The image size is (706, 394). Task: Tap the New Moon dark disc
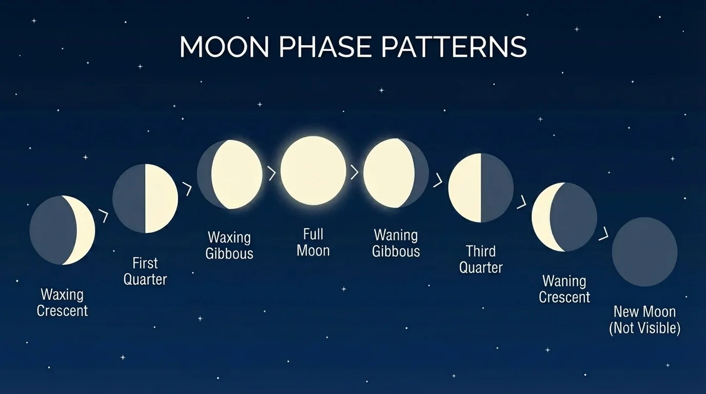644,251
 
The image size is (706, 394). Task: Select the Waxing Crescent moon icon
62,230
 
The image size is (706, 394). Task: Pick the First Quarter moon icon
145,199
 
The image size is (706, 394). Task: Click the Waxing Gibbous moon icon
230,174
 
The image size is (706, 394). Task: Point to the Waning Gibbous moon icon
396,173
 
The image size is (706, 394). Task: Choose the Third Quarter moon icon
481,188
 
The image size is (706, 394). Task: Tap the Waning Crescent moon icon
564,217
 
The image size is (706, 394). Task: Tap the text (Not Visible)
644,328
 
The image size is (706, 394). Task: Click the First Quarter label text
145,271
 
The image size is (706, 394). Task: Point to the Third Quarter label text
481,259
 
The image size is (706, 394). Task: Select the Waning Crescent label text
564,289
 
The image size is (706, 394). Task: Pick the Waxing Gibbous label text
229,245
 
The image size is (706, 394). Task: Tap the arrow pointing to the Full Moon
272,173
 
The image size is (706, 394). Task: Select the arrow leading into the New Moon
603,234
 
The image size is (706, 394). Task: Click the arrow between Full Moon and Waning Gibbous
354,172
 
